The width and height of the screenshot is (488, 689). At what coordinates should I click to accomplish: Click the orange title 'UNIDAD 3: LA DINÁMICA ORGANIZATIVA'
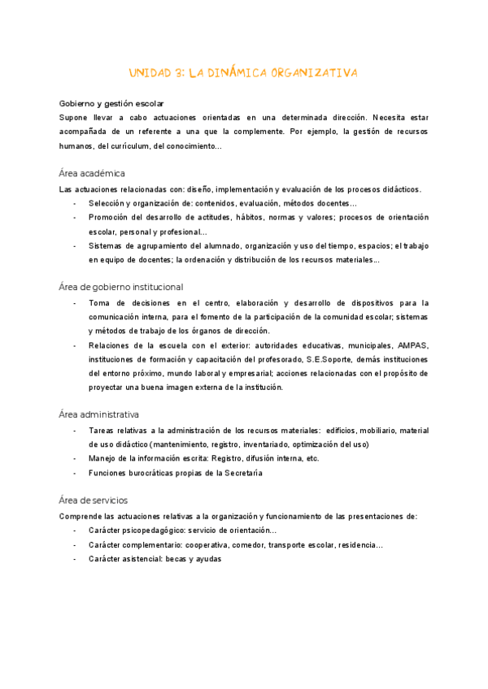click(x=244, y=73)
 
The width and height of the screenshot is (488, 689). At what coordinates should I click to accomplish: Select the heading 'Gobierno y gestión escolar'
click(x=111, y=103)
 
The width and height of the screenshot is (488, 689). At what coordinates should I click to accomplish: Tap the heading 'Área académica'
click(x=92, y=173)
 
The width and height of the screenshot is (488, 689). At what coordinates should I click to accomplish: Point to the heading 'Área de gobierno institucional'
click(x=121, y=287)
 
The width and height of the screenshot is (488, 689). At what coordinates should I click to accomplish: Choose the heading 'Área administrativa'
click(x=98, y=414)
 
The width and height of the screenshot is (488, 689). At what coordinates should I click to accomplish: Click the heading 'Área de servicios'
click(x=94, y=500)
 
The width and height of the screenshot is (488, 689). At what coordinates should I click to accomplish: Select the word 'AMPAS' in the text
click(x=413, y=344)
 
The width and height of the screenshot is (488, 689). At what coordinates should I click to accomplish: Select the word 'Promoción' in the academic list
click(x=110, y=217)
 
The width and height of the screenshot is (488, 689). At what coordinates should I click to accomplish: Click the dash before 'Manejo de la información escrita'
click(x=75, y=458)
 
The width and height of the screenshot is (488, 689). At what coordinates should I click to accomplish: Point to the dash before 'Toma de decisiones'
click(x=75, y=302)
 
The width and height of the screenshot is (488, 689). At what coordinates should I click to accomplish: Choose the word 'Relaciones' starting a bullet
click(x=111, y=344)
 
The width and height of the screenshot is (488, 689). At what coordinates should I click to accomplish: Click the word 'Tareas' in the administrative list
click(x=103, y=430)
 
